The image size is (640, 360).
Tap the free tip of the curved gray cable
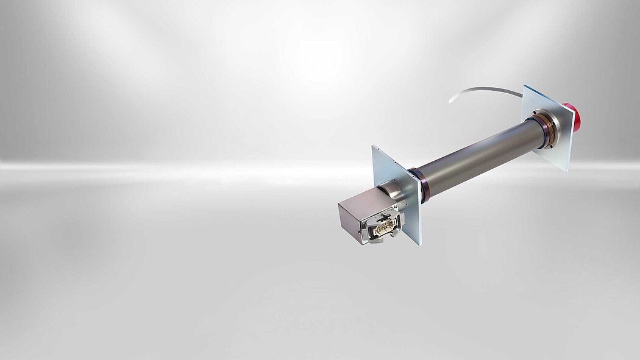click(450, 101)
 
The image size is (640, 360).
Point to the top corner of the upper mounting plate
click(525, 85)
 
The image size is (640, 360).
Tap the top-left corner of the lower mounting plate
click(373, 146)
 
